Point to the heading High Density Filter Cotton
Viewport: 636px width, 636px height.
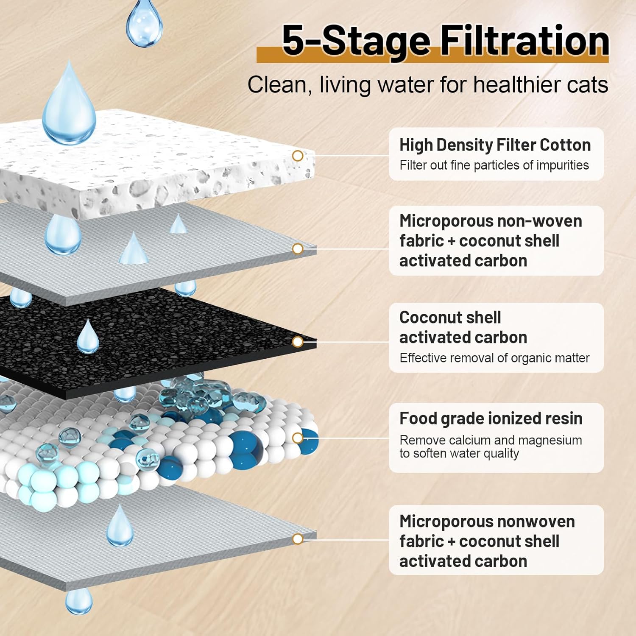(x=495, y=145)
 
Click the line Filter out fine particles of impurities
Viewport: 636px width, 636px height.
(x=494, y=165)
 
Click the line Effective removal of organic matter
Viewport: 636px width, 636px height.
(x=494, y=358)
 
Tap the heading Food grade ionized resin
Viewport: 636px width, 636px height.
(x=491, y=418)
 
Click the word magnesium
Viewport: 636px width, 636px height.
(x=550, y=440)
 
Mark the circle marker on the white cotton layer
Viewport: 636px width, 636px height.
(x=298, y=156)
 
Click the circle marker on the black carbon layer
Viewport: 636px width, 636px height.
(x=298, y=341)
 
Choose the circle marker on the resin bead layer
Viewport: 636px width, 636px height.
(x=298, y=438)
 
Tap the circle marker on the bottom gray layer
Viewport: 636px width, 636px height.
(x=298, y=539)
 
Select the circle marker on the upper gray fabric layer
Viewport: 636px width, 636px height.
(x=298, y=248)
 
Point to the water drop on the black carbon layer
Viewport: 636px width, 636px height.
(x=88, y=337)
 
